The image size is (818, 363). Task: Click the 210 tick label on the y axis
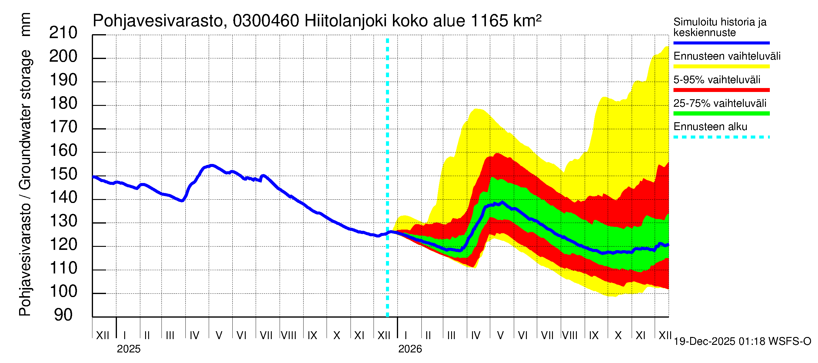63,33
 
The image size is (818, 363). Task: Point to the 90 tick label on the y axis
63,315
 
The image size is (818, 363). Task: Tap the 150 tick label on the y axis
63,174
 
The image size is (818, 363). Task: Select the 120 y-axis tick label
63,244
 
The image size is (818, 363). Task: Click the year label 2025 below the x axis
128,349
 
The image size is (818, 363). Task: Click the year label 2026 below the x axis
410,349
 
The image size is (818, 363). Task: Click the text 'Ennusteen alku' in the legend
710,127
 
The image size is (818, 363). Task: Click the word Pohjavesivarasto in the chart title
158,21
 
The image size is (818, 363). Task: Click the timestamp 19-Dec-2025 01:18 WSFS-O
742,342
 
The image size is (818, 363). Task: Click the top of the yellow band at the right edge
667,47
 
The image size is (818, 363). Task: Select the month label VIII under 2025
288,335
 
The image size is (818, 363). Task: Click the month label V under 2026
500,335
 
